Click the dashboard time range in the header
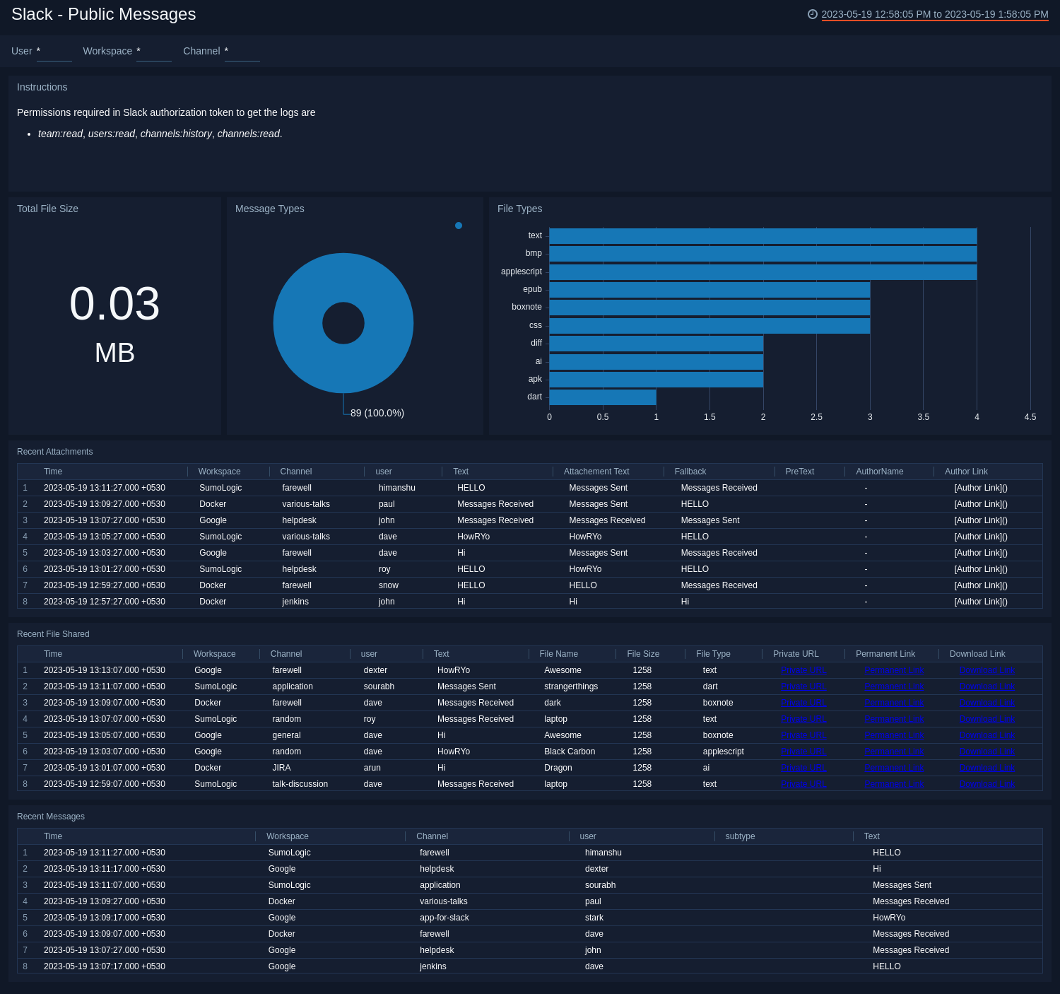[x=934, y=14]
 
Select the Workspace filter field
[x=153, y=52]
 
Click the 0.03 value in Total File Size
[x=114, y=304]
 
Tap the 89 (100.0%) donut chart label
[x=377, y=413]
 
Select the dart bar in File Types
[x=602, y=397]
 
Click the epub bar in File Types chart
[x=709, y=290]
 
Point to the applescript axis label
[x=521, y=271]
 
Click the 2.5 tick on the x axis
[x=816, y=417]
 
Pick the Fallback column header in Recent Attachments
[x=690, y=472]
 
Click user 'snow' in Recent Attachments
[x=388, y=585]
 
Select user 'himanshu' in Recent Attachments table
[x=396, y=488]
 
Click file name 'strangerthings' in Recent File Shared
[x=570, y=686]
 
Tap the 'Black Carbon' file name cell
[x=569, y=752]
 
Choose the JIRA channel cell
[x=281, y=768]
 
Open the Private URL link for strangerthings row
[x=803, y=686]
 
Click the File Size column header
[x=642, y=654]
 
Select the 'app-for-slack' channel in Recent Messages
[x=444, y=918]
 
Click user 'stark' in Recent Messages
[x=594, y=918]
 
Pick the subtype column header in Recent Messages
[x=740, y=836]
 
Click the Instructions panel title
[x=42, y=87]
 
